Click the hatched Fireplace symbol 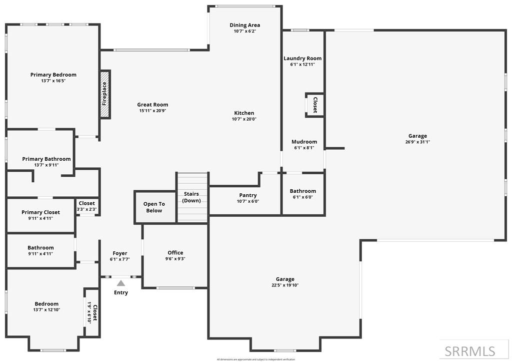pyautogui.click(x=104, y=94)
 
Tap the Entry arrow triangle pyautogui.click(x=121, y=283)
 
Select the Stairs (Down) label pyautogui.click(x=191, y=197)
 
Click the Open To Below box pyautogui.click(x=154, y=207)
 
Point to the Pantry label pyautogui.click(x=248, y=195)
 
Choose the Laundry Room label pyautogui.click(x=302, y=59)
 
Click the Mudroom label pyautogui.click(x=304, y=142)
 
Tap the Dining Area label pyautogui.click(x=245, y=25)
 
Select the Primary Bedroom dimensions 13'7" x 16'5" pyautogui.click(x=53, y=81)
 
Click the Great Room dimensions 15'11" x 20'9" pyautogui.click(x=152, y=111)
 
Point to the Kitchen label pyautogui.click(x=244, y=113)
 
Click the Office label pyautogui.click(x=175, y=253)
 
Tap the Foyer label pyautogui.click(x=120, y=253)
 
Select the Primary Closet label pyautogui.click(x=40, y=212)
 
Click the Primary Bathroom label pyautogui.click(x=46, y=159)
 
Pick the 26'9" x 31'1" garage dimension pyautogui.click(x=417, y=142)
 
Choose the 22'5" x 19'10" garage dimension pyautogui.click(x=285, y=285)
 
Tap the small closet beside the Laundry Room pyautogui.click(x=314, y=105)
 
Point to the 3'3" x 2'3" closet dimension pyautogui.click(x=86, y=209)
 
